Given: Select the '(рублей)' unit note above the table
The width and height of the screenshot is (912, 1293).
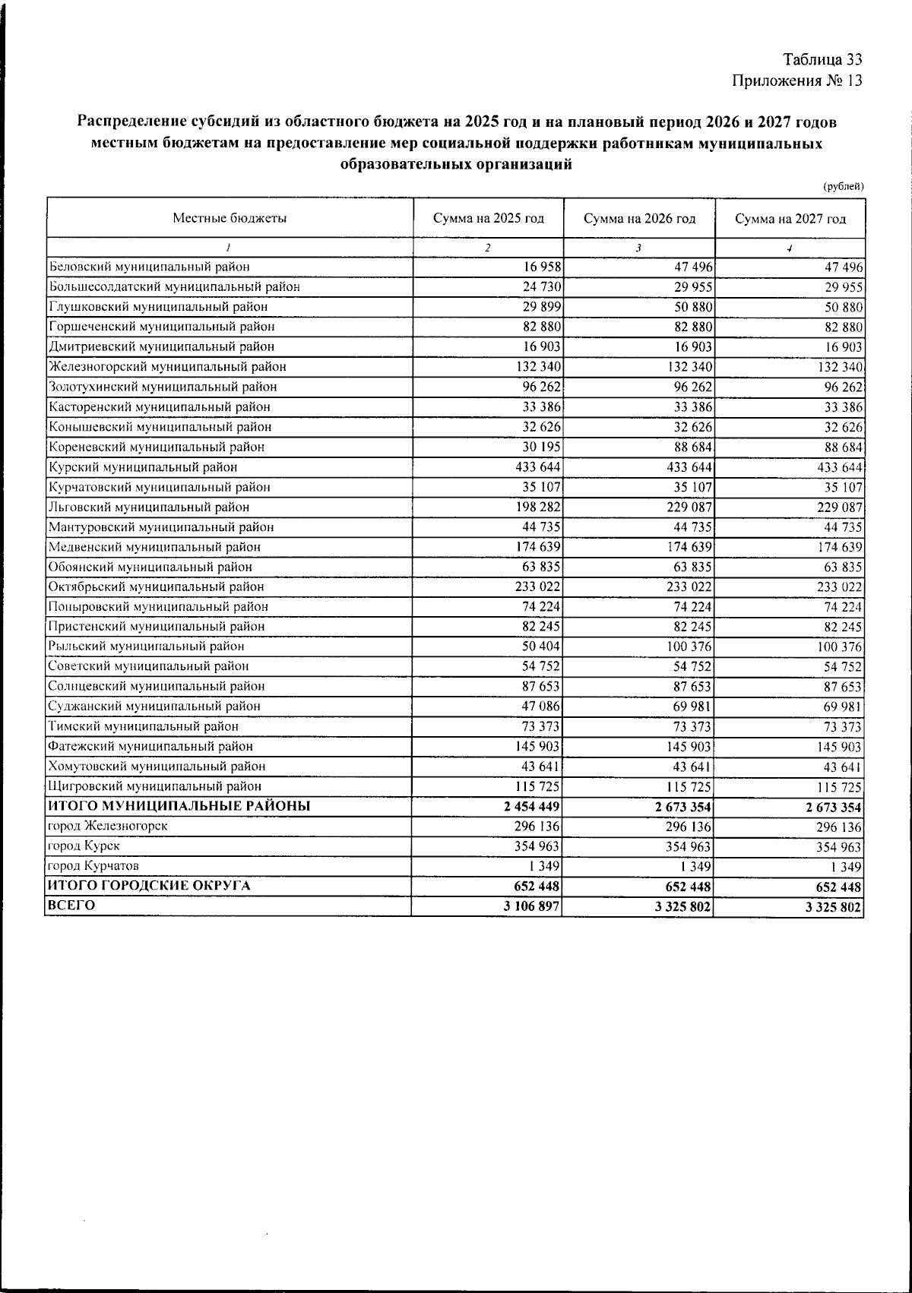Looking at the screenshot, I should pos(844,186).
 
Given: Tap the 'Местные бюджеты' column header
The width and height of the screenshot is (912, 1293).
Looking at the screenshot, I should pos(230,219).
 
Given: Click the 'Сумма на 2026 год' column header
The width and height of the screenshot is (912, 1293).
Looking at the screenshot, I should pos(639,219).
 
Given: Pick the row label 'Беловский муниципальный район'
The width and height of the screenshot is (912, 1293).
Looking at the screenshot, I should pos(150,267).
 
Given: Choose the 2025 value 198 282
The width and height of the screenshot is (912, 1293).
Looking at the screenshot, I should pos(538,507).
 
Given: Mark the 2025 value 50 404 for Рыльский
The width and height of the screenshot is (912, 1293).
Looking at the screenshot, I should pos(542,646).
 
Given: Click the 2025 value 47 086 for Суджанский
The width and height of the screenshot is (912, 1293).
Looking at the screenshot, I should pos(542,707).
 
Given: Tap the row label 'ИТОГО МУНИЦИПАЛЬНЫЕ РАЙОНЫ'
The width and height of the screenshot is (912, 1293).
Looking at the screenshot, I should pos(179,806).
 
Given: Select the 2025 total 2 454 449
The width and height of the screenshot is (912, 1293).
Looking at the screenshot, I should pos(532,807).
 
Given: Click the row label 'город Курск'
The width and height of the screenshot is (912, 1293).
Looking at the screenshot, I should pos(84,846).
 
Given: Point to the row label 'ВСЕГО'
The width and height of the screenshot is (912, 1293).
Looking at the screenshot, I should pos(71,906).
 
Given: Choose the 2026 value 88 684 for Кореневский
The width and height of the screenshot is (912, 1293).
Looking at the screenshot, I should pos(692,447).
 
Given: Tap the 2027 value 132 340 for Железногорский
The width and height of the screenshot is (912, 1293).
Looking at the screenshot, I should pos(841,367).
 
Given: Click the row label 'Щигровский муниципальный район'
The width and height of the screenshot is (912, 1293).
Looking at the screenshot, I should pos(155,786).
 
